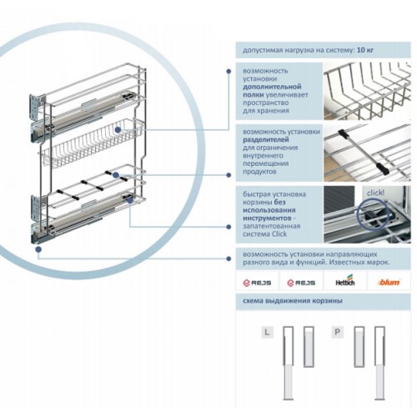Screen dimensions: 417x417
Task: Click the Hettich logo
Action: point(345,280)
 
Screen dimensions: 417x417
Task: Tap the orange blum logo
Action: point(389,283)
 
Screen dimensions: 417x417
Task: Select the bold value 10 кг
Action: point(365,50)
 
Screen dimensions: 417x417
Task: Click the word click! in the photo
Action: point(375,193)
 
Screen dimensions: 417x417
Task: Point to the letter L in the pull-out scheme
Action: point(267,332)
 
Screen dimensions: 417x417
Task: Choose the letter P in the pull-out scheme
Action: point(338,332)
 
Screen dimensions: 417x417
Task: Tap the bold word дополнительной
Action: point(272,87)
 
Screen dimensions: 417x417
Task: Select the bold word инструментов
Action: point(267,218)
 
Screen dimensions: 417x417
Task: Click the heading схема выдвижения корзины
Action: point(293,301)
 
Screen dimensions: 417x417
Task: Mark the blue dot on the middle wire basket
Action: point(118,129)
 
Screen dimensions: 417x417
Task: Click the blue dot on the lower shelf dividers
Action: point(116,175)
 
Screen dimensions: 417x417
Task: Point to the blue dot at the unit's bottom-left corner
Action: point(38,249)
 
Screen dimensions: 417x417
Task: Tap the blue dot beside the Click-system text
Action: point(229,227)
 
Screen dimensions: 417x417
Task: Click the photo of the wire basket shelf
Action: point(367,91)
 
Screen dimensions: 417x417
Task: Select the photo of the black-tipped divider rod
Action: point(367,153)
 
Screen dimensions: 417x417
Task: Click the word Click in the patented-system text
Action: point(279,234)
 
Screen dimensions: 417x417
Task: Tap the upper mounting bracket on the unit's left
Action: point(37,106)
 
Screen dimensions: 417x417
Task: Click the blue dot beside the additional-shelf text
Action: point(229,72)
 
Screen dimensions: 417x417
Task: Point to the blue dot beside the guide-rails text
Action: point(229,259)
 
